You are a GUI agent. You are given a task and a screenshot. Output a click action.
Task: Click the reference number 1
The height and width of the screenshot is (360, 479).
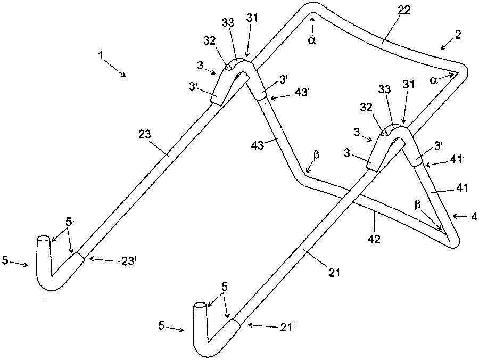click(100, 55)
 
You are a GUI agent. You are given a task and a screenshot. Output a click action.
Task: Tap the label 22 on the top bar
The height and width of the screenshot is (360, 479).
click(403, 11)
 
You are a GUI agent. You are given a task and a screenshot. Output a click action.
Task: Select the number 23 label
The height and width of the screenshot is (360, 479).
click(145, 134)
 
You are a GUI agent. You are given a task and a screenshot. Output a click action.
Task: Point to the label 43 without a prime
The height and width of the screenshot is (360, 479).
click(258, 145)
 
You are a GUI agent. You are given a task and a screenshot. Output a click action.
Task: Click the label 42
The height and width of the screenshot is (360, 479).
click(374, 239)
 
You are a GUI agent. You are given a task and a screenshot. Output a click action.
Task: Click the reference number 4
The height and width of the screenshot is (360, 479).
click(474, 217)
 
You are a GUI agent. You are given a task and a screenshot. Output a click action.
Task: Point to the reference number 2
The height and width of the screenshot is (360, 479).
click(458, 35)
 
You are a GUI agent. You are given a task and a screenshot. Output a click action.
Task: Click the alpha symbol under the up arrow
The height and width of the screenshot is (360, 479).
click(311, 40)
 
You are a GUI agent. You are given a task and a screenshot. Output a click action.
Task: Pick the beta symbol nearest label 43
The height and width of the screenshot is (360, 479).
click(316, 154)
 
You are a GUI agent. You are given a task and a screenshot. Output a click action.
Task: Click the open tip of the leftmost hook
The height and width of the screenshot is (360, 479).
click(43, 239)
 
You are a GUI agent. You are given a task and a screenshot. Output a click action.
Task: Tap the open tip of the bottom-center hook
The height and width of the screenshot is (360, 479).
click(200, 305)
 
